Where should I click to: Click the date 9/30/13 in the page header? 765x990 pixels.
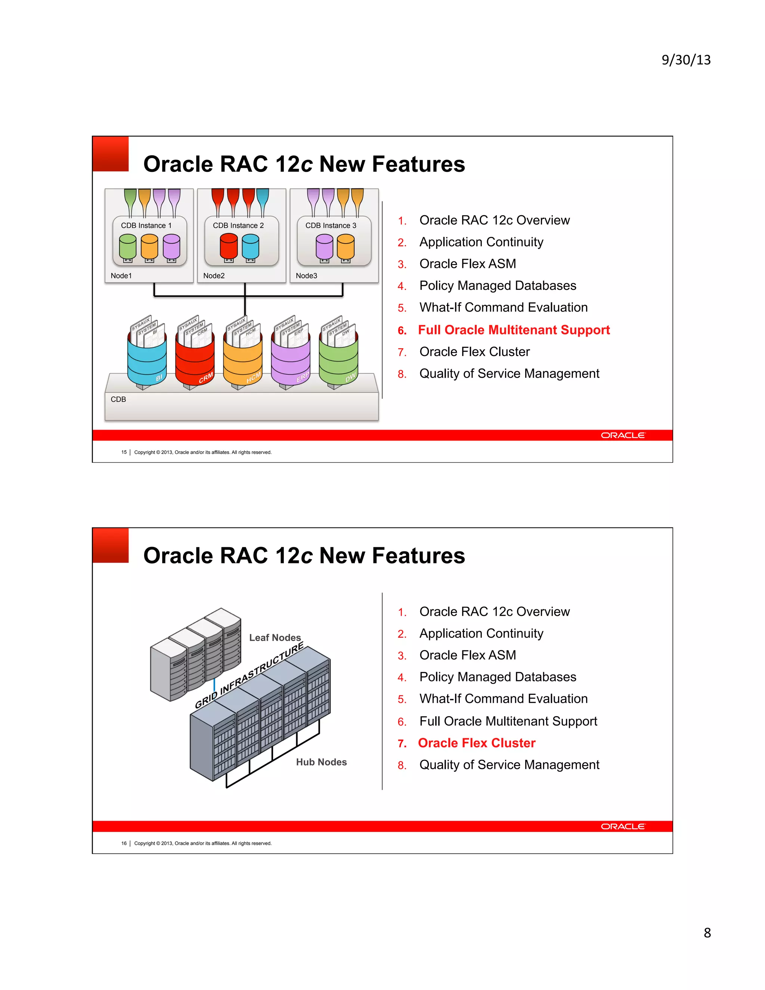click(686, 60)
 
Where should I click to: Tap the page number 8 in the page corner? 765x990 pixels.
click(707, 932)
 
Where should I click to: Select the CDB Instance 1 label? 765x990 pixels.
click(146, 225)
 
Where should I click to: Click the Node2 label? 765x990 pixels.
click(214, 276)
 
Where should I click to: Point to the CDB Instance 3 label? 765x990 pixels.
click(331, 225)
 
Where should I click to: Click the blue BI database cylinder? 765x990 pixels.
click(147, 361)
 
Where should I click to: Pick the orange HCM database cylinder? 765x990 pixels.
click(243, 361)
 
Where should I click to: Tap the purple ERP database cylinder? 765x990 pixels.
click(291, 361)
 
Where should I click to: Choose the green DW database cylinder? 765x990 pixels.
click(338, 361)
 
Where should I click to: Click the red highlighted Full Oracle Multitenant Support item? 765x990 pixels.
click(514, 330)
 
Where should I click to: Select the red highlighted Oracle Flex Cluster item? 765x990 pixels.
click(476, 743)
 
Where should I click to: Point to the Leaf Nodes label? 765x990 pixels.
click(275, 638)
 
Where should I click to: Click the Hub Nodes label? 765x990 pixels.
click(321, 762)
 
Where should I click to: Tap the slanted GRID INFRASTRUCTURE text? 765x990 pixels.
click(249, 676)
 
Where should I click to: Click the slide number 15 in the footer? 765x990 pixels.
click(124, 452)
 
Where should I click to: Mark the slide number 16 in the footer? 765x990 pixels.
click(124, 844)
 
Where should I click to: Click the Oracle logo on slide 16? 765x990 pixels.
click(623, 826)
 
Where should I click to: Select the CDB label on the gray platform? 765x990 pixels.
click(118, 399)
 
